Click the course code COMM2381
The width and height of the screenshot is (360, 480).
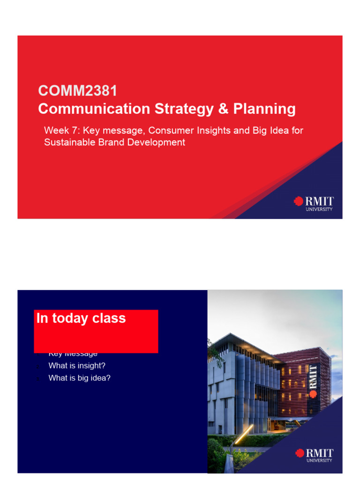pyautogui.click(x=77, y=90)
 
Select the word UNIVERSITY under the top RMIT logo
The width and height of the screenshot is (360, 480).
pyautogui.click(x=319, y=210)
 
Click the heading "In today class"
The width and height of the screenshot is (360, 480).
pyautogui.click(x=81, y=318)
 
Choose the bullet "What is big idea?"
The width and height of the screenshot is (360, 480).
pyautogui.click(x=79, y=378)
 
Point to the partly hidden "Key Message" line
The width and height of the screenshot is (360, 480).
pyautogui.click(x=73, y=354)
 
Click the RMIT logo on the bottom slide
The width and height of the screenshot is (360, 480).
pyautogui.click(x=315, y=454)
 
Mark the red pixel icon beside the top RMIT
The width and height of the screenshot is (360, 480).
pyautogui.click(x=298, y=201)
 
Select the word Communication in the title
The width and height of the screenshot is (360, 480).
pyautogui.click(x=92, y=109)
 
